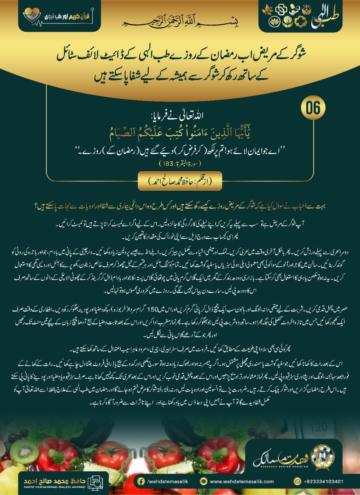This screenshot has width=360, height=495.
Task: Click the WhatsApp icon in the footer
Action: [x=297, y=481]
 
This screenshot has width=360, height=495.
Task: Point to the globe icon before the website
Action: [x=204, y=481]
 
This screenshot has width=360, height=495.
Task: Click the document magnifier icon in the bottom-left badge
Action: [x=94, y=481]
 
